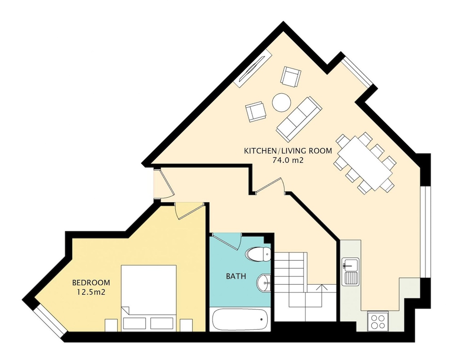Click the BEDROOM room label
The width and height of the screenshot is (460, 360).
pyautogui.click(x=91, y=283)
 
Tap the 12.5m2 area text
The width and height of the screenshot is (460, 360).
pyautogui.click(x=91, y=292)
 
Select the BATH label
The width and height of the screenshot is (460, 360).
pyautogui.click(x=236, y=276)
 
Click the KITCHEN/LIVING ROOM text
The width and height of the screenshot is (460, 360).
pyautogui.click(x=288, y=151)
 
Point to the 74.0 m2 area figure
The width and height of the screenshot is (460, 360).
pyautogui.click(x=288, y=160)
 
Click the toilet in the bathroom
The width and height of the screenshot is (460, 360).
pyautogui.click(x=259, y=254)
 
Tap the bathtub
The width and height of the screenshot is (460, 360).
pyautogui.click(x=240, y=319)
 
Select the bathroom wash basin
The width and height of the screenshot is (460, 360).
pyautogui.click(x=264, y=283)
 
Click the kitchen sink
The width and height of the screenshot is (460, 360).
pyautogui.click(x=350, y=271)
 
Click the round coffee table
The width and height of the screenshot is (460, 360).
pyautogui.click(x=282, y=103)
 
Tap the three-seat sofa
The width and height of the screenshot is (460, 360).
pyautogui.click(x=299, y=119)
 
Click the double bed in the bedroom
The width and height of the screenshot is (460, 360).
pyautogui.click(x=149, y=298)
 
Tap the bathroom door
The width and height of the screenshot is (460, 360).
pyautogui.click(x=226, y=241)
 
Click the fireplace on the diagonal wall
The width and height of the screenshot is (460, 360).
pyautogui.click(x=253, y=68)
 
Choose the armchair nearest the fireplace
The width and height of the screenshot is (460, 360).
pyautogui.click(x=291, y=76)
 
